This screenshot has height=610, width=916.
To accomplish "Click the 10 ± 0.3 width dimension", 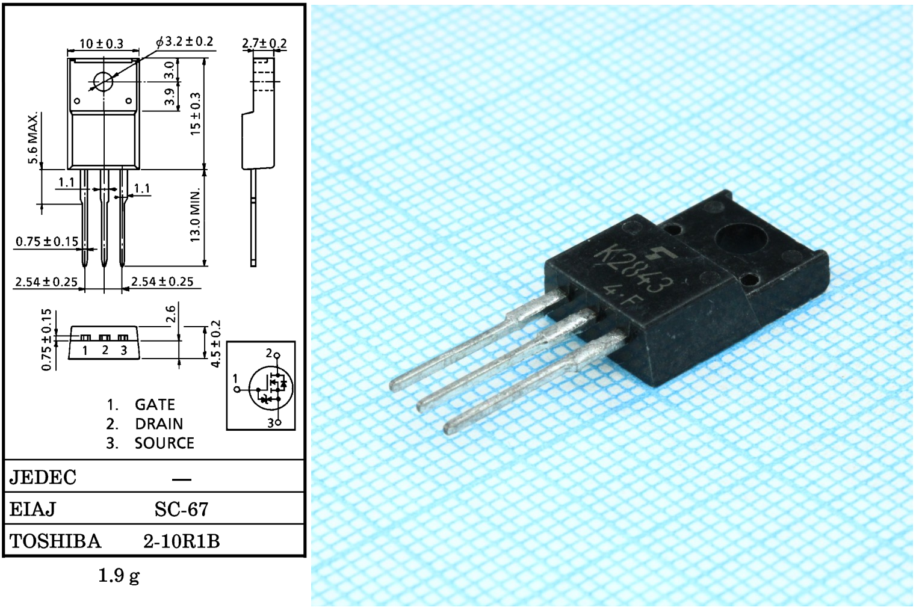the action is point(102,43).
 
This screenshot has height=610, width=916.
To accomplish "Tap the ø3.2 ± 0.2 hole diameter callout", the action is point(185,42).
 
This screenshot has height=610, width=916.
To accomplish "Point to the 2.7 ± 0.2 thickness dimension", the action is point(264,43).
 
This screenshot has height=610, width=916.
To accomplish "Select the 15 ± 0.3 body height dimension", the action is point(196,114).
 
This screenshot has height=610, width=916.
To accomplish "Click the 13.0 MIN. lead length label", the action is point(196,215).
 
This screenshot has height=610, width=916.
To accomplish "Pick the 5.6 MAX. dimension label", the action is point(33,137).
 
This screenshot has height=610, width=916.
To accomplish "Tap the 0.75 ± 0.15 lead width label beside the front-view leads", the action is point(46,242).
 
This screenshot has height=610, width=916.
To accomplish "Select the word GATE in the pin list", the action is point(155,405).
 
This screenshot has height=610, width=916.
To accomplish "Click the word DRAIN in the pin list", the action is point(159,424).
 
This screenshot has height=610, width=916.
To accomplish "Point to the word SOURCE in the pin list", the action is point(164,443).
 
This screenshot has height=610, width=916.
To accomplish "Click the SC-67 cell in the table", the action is point(182,509).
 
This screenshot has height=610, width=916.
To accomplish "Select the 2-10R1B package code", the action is point(182,541).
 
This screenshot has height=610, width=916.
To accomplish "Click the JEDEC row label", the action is point(43,477).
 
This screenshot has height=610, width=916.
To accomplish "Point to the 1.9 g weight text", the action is point(119,576).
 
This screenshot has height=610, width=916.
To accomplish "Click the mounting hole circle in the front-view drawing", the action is point(103,82).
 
